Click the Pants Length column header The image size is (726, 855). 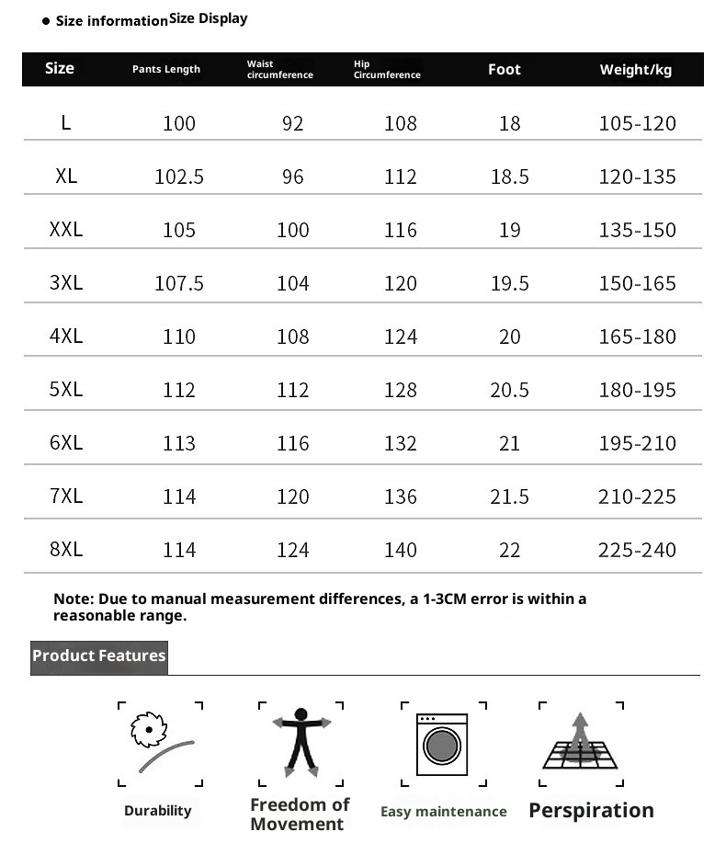point(165,70)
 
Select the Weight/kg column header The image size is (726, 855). point(636,70)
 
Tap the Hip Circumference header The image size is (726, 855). point(387,70)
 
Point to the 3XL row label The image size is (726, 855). point(66,283)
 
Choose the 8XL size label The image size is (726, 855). point(66,550)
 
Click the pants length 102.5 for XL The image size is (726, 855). point(179,177)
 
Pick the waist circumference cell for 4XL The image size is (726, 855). point(293,336)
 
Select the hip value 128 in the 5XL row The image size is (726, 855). point(401,390)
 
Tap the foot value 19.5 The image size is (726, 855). point(510,283)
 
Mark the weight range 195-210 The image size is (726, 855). point(637,443)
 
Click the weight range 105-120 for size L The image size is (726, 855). point(637,123)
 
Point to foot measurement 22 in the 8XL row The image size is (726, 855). point(510,550)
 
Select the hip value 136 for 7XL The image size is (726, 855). point(401,496)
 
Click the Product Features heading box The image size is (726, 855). point(99,656)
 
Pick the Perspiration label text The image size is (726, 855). point(591,811)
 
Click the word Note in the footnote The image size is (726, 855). point(73,599)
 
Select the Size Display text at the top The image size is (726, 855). point(209,18)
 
